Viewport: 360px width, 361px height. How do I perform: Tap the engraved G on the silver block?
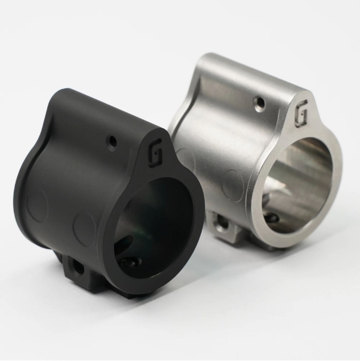tap(301, 114)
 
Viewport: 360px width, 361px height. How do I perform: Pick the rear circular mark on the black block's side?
tap(37, 206)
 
